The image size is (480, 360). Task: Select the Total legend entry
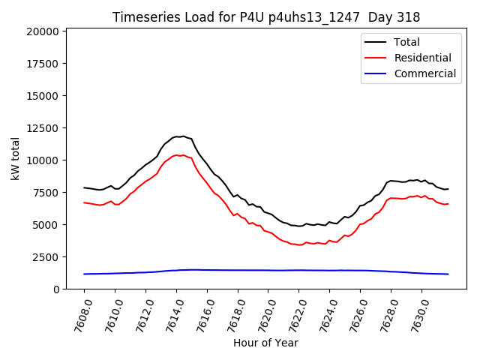(x=407, y=42)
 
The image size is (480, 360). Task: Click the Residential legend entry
(x=422, y=58)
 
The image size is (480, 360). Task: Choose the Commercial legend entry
(x=424, y=73)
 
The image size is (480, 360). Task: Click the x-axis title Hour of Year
(x=265, y=343)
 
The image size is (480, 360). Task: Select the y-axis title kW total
(x=15, y=158)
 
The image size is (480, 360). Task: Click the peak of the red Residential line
(x=178, y=154)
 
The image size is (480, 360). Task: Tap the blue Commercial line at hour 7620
(x=268, y=270)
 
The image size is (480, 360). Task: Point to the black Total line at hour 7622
(x=299, y=226)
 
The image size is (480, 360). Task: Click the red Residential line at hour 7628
(x=391, y=198)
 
